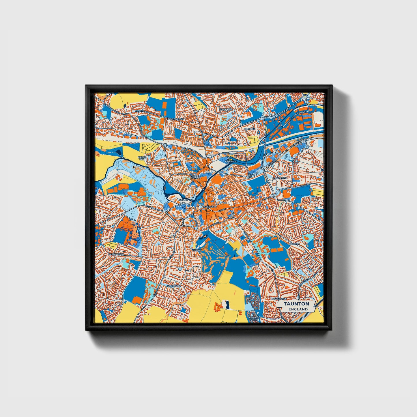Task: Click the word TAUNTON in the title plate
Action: click(296, 304)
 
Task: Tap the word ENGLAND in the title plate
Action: click(296, 309)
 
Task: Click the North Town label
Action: click(195, 177)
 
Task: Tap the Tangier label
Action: click(183, 200)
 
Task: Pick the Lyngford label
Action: click(225, 110)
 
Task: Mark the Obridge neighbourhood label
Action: click(250, 129)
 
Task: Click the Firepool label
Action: click(231, 162)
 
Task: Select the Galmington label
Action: click(116, 254)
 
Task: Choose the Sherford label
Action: click(174, 286)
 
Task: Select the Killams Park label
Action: click(254, 319)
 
